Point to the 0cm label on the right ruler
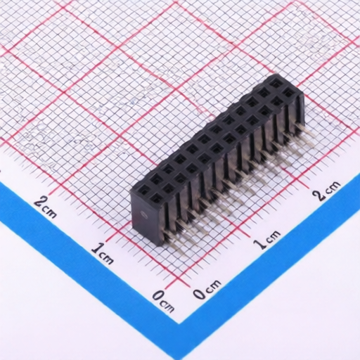point(208,288)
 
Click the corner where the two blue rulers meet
point(181,321)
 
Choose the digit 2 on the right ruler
point(321,195)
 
